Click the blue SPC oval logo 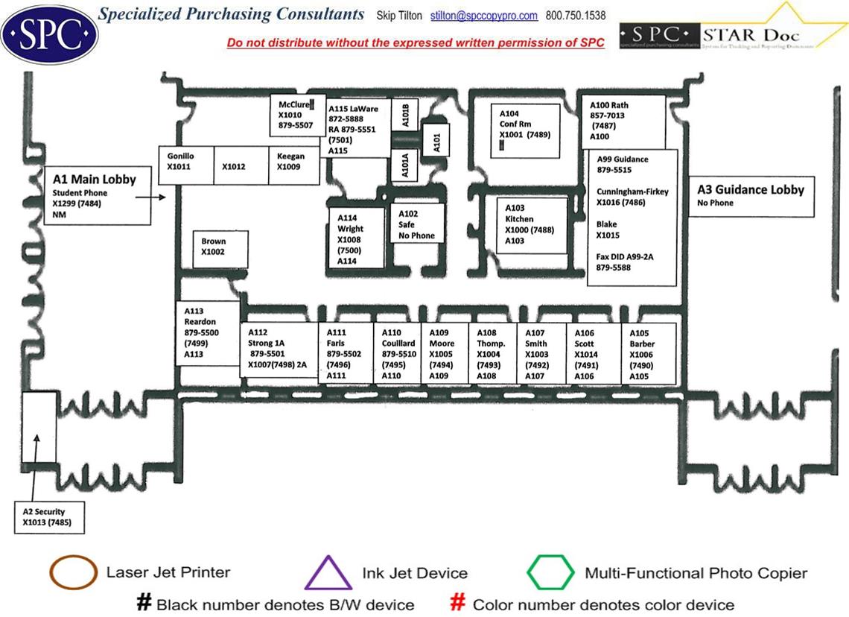pyautogui.click(x=50, y=34)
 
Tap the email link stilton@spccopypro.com pyautogui.click(x=484, y=16)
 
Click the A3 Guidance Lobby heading pyautogui.click(x=751, y=190)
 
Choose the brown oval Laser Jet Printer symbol pyautogui.click(x=73, y=573)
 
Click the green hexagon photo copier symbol pyautogui.click(x=550, y=573)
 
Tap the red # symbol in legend pyautogui.click(x=459, y=603)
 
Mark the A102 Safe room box pyautogui.click(x=418, y=224)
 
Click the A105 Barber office pyautogui.click(x=649, y=354)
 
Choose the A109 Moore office pyautogui.click(x=443, y=354)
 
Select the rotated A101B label pyautogui.click(x=406, y=116)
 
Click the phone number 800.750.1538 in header pyautogui.click(x=576, y=16)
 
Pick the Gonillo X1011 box pyautogui.click(x=186, y=165)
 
